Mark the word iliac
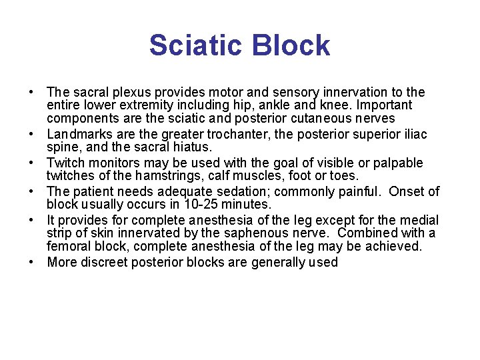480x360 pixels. pos(413,135)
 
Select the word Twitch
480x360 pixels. pos(65,163)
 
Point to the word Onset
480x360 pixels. pos(407,192)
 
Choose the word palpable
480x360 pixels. pos(399,163)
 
